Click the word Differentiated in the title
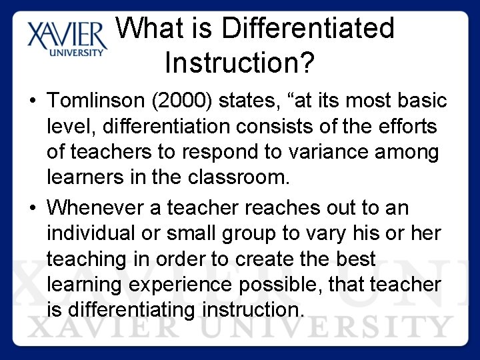tap(308, 28)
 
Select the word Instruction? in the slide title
tap(239, 63)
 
